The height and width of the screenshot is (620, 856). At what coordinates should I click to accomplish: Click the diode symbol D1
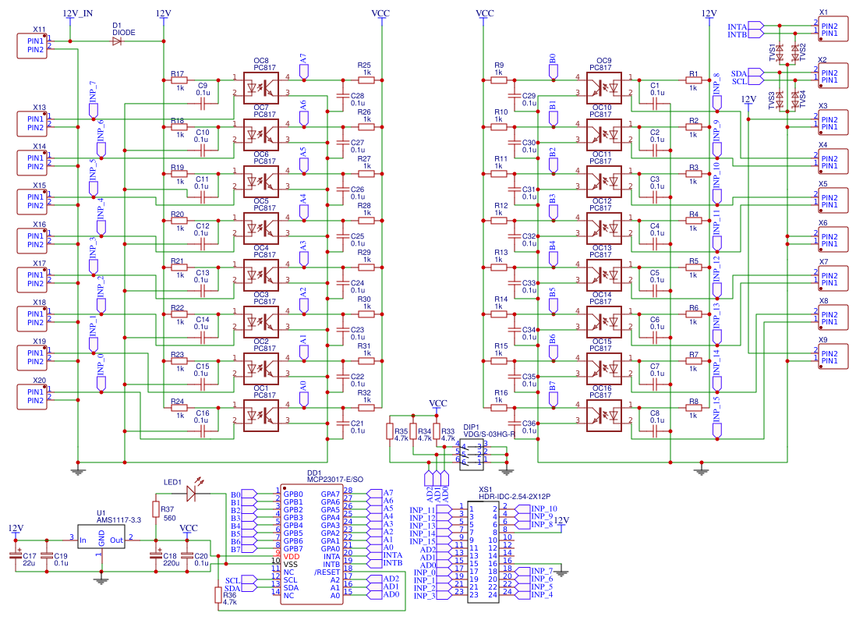[117, 41]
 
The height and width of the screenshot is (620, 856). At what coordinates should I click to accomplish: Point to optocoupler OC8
[261, 85]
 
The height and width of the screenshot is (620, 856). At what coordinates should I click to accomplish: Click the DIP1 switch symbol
[474, 453]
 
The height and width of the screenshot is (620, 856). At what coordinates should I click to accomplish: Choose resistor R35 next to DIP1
[391, 432]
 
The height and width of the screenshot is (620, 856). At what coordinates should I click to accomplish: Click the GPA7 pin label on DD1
[330, 494]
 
